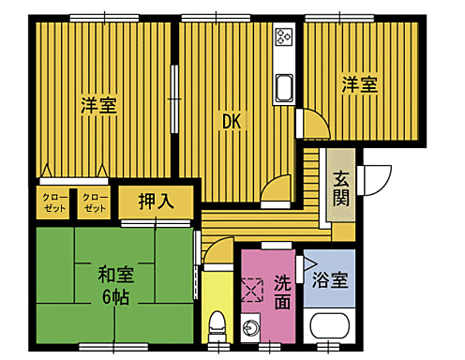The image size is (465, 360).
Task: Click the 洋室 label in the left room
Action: tap(97, 105)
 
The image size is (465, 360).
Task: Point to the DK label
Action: tap(232, 120)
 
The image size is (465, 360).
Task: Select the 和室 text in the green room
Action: tap(115, 276)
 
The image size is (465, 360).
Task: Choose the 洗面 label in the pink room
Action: tap(284, 292)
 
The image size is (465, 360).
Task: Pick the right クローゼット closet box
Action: tap(95, 202)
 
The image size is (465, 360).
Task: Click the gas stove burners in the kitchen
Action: tap(284, 37)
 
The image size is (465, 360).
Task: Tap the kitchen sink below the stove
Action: tap(284, 92)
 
